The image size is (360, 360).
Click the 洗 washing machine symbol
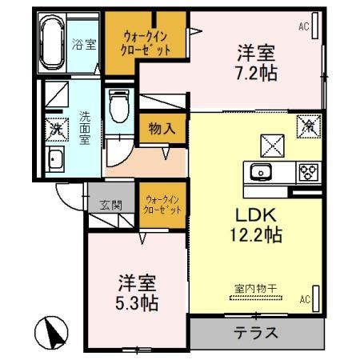55,127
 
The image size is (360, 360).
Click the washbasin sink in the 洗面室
56,158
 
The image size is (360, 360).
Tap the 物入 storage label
162,128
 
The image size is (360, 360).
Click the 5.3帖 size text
138,304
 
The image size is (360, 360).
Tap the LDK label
254,215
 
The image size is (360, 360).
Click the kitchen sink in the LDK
262,172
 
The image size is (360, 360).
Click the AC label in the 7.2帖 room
304,26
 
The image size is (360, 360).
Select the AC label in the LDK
304,300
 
